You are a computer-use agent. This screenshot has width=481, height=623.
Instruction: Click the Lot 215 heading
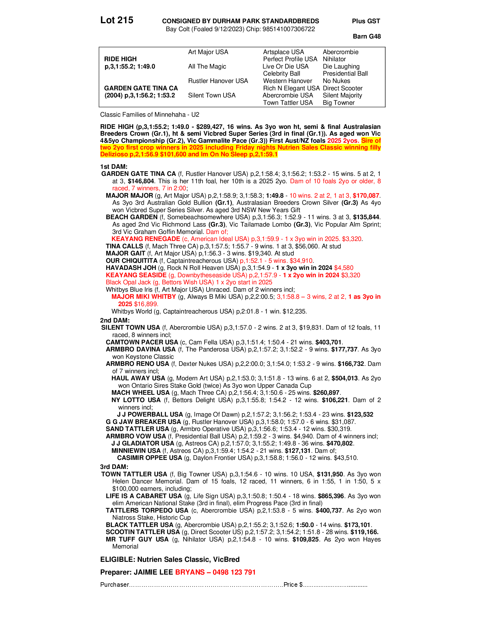pos(117,20)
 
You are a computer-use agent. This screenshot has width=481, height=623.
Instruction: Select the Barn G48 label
pos(366,36)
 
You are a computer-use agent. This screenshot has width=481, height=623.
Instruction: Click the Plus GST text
pos(366,21)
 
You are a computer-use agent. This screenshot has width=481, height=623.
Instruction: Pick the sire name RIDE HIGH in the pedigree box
pos(120,59)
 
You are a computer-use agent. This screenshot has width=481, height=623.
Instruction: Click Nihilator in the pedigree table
pos(334,59)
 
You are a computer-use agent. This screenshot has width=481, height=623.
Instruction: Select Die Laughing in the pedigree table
pos(341,67)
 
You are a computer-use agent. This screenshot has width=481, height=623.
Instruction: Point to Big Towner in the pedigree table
pos(338,103)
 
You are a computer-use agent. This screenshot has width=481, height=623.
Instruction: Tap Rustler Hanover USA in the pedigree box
pos(218,81)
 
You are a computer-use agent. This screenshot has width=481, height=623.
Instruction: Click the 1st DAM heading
pos(114,167)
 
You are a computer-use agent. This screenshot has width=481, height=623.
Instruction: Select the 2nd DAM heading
pos(115,320)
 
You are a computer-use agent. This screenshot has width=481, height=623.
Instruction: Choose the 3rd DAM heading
pos(114,467)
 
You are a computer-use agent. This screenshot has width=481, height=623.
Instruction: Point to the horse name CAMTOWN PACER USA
pos(142,342)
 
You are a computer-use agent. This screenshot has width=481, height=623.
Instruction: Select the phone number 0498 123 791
pos(234,572)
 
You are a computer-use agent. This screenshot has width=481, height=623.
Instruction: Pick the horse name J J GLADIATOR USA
pos(143,443)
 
